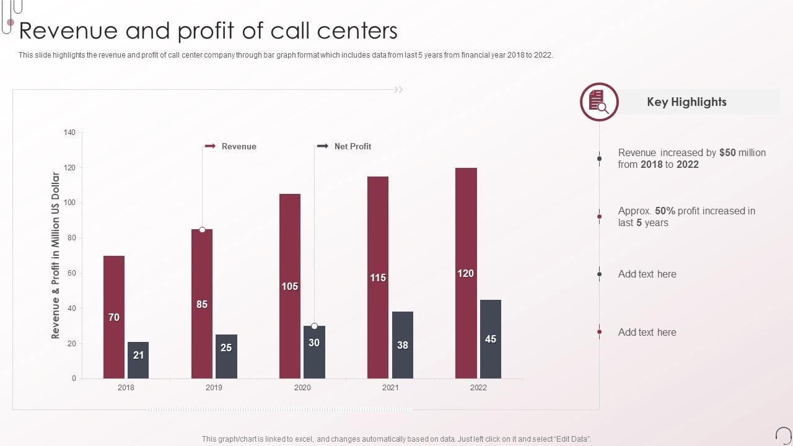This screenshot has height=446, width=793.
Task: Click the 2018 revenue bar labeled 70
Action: click(114, 317)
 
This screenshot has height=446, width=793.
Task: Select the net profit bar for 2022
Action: click(491, 339)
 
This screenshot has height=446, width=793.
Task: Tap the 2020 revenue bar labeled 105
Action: click(290, 286)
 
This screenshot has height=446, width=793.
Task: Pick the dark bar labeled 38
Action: click(403, 345)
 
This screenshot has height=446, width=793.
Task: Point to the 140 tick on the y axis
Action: click(69, 133)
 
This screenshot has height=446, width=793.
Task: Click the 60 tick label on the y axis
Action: click(71, 273)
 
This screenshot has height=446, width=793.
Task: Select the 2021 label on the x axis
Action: click(390, 388)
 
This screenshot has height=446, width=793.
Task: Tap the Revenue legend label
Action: click(239, 146)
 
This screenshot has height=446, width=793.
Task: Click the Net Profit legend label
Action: click(353, 146)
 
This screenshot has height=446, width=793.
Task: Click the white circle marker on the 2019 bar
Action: click(202, 230)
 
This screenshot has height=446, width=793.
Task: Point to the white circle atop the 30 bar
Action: click(314, 326)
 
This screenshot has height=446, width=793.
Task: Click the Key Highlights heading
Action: click(686, 102)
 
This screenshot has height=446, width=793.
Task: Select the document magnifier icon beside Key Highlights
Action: click(599, 102)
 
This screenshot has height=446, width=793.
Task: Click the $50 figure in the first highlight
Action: click(727, 152)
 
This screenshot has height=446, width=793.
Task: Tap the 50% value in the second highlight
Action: click(665, 211)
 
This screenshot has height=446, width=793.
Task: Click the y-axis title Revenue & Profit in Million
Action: click(56, 255)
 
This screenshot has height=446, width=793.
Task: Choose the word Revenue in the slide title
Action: click(69, 31)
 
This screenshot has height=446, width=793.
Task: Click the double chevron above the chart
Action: click(399, 90)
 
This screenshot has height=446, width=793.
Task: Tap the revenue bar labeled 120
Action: click(466, 273)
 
